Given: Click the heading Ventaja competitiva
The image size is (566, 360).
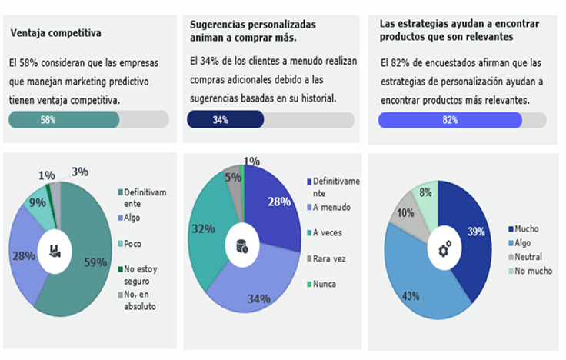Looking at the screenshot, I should (56, 34).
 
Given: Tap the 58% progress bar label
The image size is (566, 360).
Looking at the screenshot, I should (48, 119).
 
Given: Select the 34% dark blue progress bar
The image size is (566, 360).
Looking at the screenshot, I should (225, 119).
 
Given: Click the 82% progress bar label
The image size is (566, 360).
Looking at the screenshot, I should (450, 119).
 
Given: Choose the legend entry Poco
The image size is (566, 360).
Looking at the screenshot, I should (133, 244).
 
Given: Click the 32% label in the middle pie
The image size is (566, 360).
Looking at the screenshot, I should (203, 229).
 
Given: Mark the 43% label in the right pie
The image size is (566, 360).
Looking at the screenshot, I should (412, 295).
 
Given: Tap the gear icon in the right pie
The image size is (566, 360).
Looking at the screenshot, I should (444, 248).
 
